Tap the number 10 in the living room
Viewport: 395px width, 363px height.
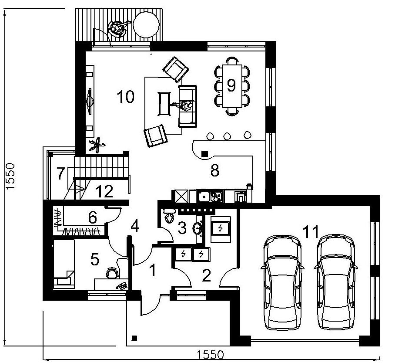pos(125,97)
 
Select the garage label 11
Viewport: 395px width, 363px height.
pos(311,232)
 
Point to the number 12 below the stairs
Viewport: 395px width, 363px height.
pos(104,191)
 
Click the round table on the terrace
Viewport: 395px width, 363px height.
pos(146,25)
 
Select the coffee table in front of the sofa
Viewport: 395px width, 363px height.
pos(164,104)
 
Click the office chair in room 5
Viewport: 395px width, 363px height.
pos(112,273)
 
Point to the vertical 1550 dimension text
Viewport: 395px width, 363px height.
pos(11,176)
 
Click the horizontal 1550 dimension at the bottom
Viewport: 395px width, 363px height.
pos(211,354)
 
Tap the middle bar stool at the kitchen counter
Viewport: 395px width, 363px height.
pos(227,136)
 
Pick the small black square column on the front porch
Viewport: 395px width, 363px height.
pos(134,338)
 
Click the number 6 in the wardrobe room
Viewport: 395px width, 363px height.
pos(93,217)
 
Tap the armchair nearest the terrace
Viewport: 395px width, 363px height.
pos(176,69)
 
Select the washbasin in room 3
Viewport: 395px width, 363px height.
pos(198,228)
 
